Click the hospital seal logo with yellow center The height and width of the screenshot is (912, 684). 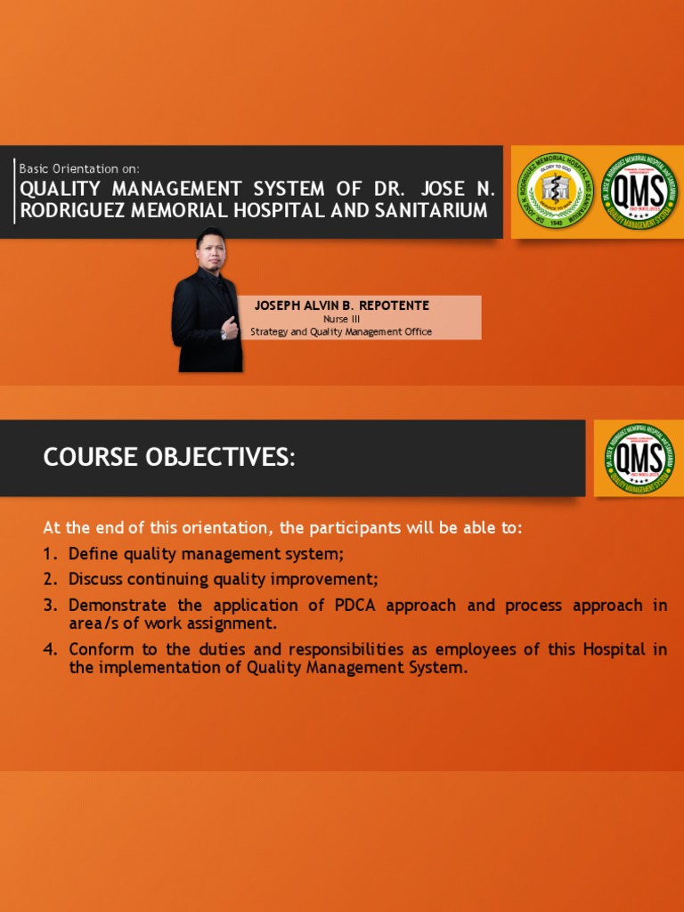click(556, 191)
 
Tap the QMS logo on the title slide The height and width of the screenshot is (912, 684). click(639, 191)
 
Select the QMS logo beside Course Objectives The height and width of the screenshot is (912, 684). click(639, 458)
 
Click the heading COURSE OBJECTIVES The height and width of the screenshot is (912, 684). click(169, 458)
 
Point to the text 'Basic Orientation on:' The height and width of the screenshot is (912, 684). click(79, 168)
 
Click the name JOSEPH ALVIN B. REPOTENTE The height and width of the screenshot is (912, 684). click(341, 305)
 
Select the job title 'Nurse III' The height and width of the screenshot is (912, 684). click(341, 319)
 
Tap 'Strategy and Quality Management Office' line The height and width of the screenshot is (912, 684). click(341, 332)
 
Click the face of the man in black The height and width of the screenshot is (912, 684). click(211, 250)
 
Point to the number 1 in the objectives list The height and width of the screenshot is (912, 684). click(48, 554)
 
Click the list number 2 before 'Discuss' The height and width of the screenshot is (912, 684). click(48, 580)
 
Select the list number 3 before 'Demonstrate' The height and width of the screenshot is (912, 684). click(48, 606)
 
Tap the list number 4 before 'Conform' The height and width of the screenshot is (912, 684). click(48, 649)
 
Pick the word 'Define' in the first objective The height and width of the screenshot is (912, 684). click(93, 554)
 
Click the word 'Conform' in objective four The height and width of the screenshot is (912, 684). click(101, 649)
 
